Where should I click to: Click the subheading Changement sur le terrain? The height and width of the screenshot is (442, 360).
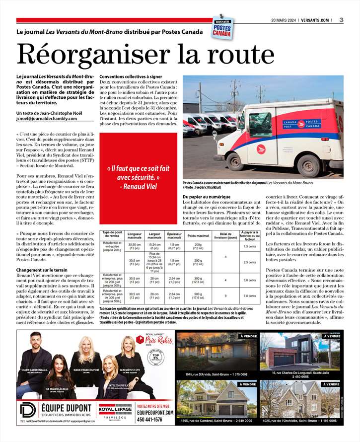pos(42,269)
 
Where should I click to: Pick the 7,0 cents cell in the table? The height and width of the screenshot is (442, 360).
pos(250,295)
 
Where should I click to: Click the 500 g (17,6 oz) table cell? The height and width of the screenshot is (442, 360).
pos(198,295)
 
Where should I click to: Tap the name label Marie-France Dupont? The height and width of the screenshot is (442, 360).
pos(87,370)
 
